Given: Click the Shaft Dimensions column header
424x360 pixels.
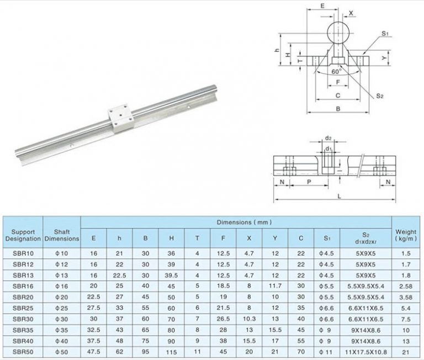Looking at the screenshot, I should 62,236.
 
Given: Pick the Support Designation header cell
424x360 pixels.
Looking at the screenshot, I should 23,236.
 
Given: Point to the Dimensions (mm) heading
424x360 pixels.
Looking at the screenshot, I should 236,223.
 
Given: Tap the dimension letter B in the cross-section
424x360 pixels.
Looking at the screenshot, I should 338,109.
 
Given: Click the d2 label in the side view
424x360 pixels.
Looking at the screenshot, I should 328,138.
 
